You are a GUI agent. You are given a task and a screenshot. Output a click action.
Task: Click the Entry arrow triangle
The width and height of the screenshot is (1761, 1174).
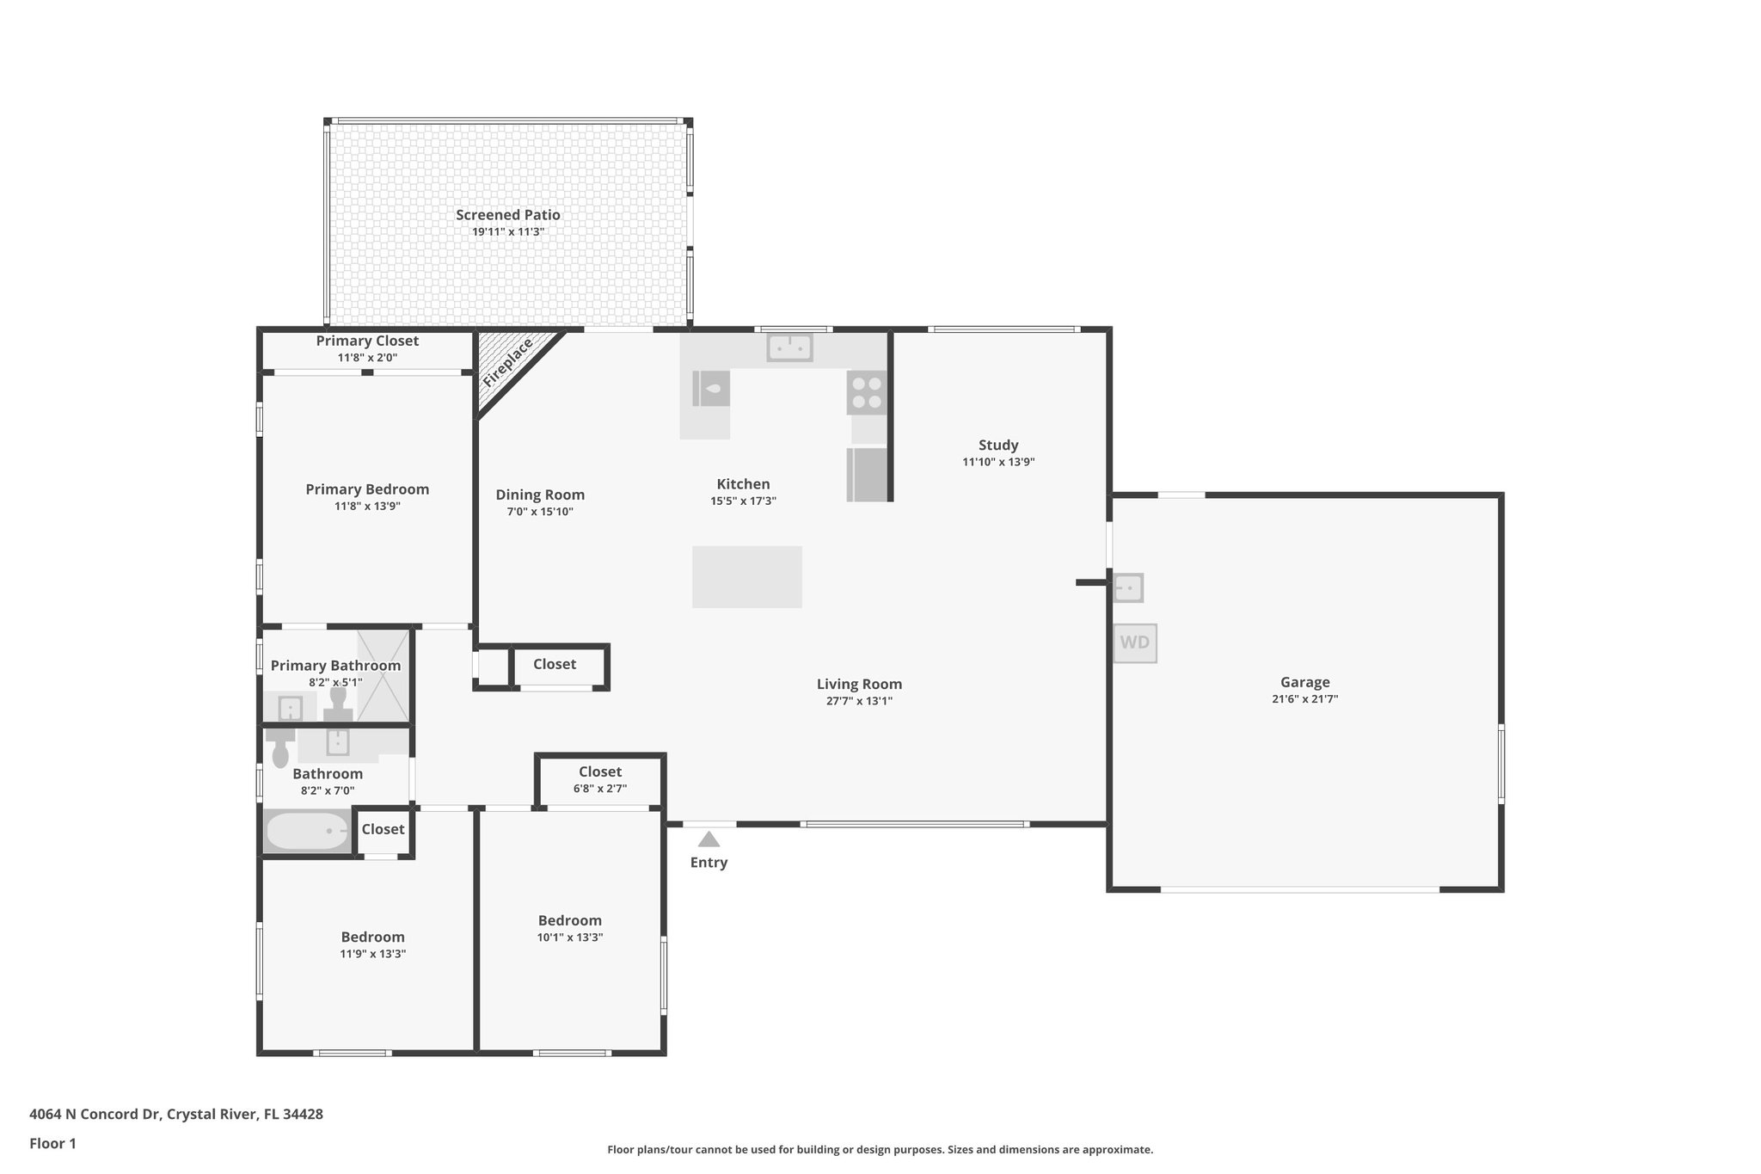(x=709, y=839)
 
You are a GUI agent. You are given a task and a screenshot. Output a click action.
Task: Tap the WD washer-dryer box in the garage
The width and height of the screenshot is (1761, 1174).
(x=1135, y=643)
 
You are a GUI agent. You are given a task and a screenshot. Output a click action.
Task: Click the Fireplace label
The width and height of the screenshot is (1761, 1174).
(x=508, y=363)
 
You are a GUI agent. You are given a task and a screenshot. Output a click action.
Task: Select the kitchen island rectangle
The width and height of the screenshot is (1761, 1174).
(x=747, y=577)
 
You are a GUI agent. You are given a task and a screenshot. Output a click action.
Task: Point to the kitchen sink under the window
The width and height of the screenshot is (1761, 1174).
(x=789, y=347)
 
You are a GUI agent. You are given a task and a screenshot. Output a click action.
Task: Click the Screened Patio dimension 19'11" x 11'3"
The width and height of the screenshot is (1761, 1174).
(x=508, y=232)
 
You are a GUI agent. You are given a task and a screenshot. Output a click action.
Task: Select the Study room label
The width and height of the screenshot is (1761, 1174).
(x=998, y=446)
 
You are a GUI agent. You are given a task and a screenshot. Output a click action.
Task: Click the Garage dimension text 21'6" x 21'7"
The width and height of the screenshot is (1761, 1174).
(x=1304, y=699)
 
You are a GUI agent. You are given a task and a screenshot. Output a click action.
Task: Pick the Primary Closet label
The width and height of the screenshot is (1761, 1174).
(x=367, y=341)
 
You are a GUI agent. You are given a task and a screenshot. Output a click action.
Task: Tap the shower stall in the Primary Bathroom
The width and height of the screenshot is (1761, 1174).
(x=383, y=675)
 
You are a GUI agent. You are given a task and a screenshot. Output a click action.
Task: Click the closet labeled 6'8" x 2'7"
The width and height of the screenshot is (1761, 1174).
(x=600, y=780)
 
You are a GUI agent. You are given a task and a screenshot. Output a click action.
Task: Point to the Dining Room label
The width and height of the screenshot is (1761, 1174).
(x=540, y=495)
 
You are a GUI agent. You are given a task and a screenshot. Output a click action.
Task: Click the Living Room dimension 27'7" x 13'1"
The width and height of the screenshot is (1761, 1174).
(x=859, y=701)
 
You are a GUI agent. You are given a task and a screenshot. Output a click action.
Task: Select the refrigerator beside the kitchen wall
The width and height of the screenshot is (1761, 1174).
(x=867, y=474)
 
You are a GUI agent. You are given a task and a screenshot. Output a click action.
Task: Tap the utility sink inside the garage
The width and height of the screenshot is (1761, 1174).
(x=1128, y=588)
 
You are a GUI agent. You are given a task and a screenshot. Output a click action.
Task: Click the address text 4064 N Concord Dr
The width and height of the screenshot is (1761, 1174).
(x=95, y=1114)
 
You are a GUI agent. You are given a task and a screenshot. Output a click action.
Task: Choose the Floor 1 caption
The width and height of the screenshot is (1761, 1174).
(x=53, y=1144)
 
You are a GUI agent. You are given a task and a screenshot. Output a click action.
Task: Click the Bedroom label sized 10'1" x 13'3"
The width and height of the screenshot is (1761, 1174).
(x=570, y=921)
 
